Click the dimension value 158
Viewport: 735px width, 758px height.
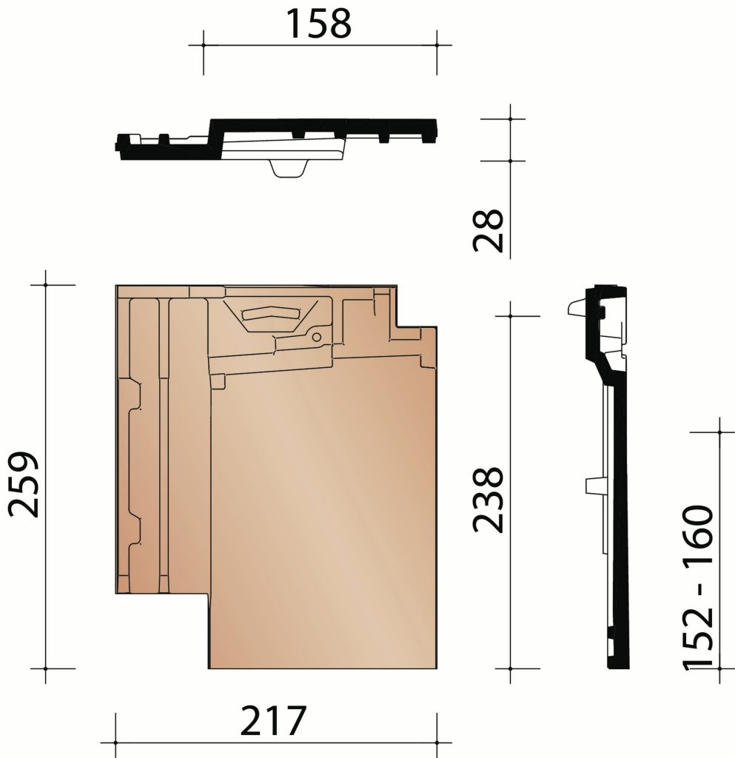(x=319, y=24)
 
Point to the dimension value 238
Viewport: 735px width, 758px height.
(x=489, y=499)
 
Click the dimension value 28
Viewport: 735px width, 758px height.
(x=489, y=230)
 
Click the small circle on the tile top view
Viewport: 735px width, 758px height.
(x=317, y=337)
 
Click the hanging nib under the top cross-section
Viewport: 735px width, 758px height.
(x=289, y=168)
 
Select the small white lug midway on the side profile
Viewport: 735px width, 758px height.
(x=594, y=485)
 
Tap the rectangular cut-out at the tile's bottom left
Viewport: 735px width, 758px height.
(x=163, y=630)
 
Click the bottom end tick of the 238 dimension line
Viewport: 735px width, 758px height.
(x=511, y=669)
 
